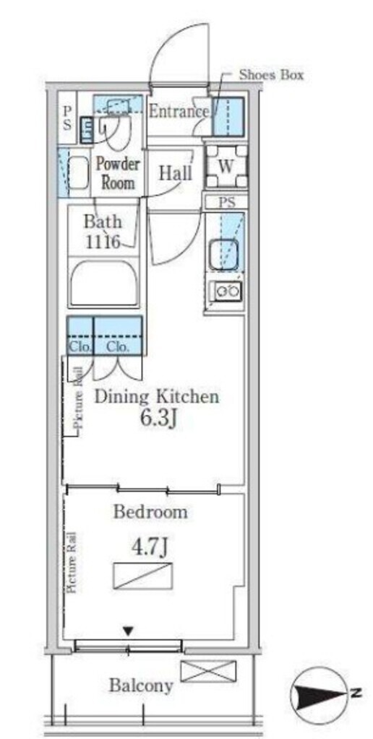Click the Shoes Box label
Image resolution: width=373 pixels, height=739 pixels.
click(271, 74)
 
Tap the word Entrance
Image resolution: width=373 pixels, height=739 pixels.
click(179, 112)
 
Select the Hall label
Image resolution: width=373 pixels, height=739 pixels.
click(176, 173)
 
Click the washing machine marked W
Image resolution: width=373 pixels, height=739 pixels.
click(226, 166)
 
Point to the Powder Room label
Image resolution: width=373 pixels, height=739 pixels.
click(118, 173)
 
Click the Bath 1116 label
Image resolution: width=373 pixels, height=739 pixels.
click(103, 232)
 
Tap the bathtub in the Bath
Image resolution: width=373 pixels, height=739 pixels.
click(104, 283)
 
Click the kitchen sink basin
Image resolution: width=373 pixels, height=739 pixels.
click(224, 255)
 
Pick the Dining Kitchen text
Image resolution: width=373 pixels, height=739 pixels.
click(157, 397)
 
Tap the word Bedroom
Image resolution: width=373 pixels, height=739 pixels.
click(150, 512)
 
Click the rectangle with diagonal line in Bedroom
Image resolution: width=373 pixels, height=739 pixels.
click(143, 575)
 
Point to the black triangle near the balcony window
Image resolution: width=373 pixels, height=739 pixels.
click(127, 630)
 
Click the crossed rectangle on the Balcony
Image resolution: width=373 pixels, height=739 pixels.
click(208, 672)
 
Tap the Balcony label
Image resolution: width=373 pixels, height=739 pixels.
click(141, 686)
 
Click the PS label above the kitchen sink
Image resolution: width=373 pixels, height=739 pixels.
click(227, 203)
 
